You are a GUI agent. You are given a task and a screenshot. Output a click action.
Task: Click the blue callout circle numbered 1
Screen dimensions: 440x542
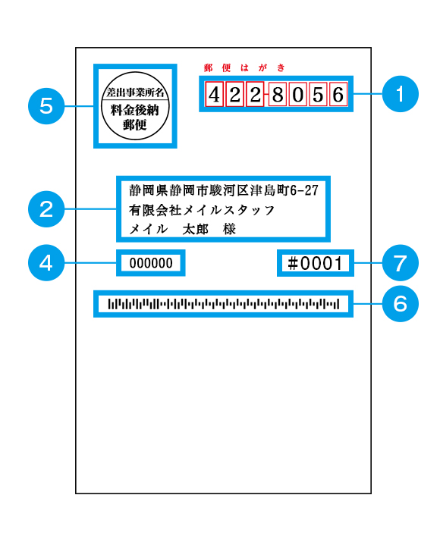tap(401, 94)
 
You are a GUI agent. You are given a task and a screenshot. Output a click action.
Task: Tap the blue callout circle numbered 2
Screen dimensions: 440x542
tap(46, 209)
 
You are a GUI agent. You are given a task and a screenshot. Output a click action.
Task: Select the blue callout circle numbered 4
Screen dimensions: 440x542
tap(46, 263)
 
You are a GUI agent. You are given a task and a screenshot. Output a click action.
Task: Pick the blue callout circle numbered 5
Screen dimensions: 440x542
tap(46, 106)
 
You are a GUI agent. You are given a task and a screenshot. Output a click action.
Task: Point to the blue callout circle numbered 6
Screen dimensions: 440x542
tap(401, 304)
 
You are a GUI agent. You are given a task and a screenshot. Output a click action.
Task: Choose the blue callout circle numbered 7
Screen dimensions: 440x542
tap(401, 263)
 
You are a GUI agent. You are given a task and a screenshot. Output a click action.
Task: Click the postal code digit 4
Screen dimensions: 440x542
tap(214, 94)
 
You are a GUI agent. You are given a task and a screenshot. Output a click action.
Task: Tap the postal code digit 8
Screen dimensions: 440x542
tap(278, 94)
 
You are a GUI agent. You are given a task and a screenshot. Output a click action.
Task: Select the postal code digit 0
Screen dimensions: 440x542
tap(298, 94)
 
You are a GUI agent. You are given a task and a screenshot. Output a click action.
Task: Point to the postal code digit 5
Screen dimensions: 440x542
tap(318, 94)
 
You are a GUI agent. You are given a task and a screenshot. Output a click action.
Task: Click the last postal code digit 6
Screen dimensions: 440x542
tap(338, 94)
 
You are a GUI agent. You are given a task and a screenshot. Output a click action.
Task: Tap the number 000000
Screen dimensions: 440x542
tap(151, 263)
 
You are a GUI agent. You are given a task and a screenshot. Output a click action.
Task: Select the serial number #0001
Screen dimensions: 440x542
tap(315, 263)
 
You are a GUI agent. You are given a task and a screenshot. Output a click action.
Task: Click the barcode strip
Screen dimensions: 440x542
tap(224, 304)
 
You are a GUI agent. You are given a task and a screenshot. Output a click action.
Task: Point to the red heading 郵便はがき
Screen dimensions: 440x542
tap(244, 67)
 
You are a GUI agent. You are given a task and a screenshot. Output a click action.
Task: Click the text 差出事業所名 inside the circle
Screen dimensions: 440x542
tap(135, 92)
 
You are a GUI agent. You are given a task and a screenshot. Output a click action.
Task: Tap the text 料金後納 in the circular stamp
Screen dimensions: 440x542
tap(134, 110)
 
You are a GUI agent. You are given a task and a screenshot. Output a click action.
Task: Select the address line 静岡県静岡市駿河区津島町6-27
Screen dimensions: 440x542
tap(224, 190)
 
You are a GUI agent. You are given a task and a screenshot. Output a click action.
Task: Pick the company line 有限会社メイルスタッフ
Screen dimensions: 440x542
tap(202, 210)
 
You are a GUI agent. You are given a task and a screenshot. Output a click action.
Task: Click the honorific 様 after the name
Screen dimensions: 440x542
tap(229, 229)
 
